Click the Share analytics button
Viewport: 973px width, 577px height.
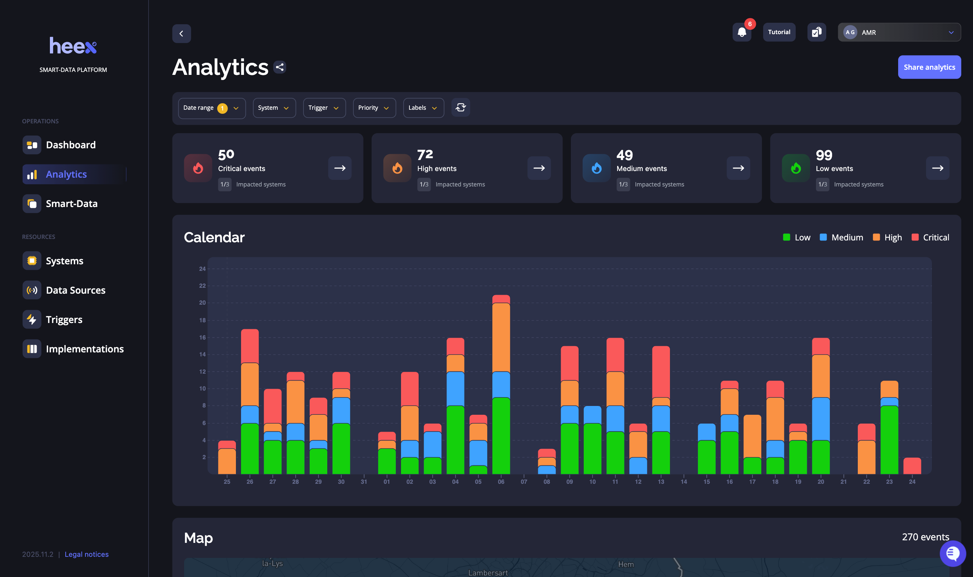coord(929,67)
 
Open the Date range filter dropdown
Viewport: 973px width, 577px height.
coord(211,108)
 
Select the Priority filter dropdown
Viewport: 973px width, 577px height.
coord(374,108)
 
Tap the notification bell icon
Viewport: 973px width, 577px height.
coord(741,32)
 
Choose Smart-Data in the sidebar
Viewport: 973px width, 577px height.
coord(72,204)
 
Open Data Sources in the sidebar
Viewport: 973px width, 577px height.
coord(75,290)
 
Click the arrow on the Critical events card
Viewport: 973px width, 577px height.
coord(340,168)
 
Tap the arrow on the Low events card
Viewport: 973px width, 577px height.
coord(937,168)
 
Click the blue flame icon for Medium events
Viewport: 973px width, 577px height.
coord(596,168)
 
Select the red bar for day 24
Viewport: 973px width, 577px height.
coord(912,466)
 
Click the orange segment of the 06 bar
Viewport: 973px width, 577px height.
coord(501,337)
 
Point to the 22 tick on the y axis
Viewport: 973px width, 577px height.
coord(203,286)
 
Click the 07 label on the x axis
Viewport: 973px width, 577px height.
coord(524,482)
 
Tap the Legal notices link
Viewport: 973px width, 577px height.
coord(87,554)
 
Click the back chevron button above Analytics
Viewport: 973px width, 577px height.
coord(182,34)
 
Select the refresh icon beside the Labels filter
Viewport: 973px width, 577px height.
coord(460,108)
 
